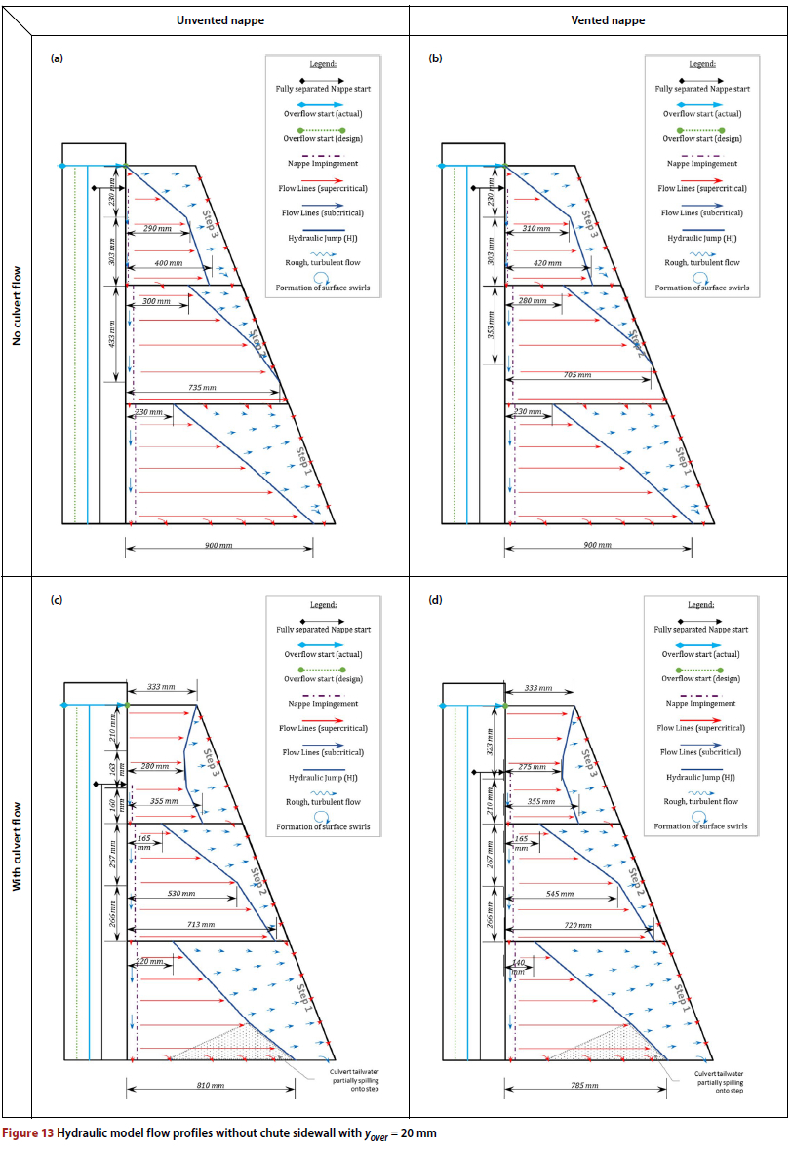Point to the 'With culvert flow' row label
[16, 846]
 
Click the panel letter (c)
[57, 600]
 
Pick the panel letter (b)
[436, 59]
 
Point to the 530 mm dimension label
[180, 893]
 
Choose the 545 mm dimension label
[558, 893]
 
